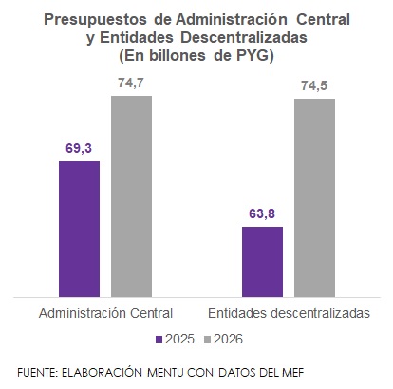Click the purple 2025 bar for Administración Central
pyautogui.click(x=79, y=228)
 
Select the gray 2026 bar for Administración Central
pyautogui.click(x=131, y=195)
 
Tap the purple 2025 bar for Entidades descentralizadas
pyautogui.click(x=262, y=260)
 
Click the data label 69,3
pyautogui.click(x=79, y=148)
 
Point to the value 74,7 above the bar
pyautogui.click(x=131, y=83)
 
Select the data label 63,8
pyautogui.click(x=262, y=213)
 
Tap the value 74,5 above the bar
pyautogui.click(x=314, y=85)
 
